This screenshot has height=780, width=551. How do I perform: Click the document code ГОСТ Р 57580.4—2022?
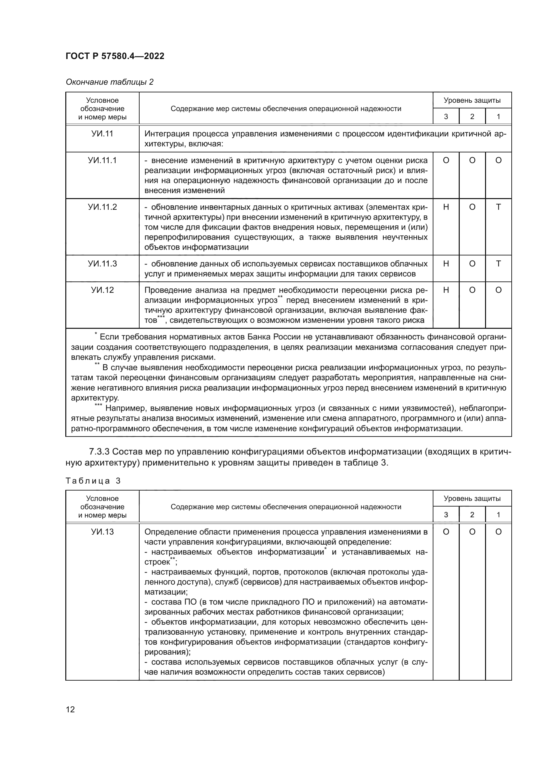115,56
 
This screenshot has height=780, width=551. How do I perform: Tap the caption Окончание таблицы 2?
109,82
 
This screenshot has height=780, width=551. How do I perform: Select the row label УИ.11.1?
102,160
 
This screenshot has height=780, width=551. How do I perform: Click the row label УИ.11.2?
102,207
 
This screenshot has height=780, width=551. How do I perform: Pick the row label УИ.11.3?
102,264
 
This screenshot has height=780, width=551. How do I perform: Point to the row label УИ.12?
102,290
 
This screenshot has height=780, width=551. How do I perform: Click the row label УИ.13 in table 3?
102,532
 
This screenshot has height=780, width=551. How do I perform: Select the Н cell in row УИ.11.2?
446,207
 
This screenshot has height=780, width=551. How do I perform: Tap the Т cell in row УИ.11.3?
498,264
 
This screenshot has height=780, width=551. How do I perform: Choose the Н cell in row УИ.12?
446,290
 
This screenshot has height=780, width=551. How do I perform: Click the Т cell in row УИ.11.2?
498,207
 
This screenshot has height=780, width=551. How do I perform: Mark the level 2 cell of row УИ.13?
472,532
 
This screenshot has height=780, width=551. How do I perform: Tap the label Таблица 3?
93,481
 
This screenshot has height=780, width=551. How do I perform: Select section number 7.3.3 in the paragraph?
99,452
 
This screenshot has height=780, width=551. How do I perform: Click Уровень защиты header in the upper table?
472,100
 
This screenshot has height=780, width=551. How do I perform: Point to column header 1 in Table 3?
498,515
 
